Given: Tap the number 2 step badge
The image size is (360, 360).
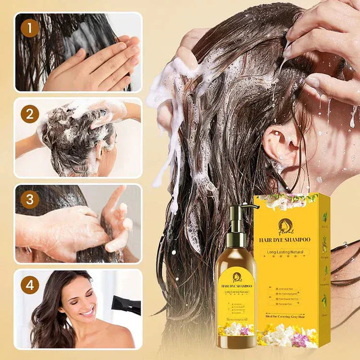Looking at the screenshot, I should click(30, 114).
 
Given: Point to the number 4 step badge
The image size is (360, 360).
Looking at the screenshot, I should click(30, 285).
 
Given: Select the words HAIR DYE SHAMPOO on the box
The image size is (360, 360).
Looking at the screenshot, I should click(285, 240).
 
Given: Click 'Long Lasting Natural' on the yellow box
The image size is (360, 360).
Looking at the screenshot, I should click(285, 252).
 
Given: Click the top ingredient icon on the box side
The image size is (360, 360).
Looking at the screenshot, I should click(325, 217).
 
